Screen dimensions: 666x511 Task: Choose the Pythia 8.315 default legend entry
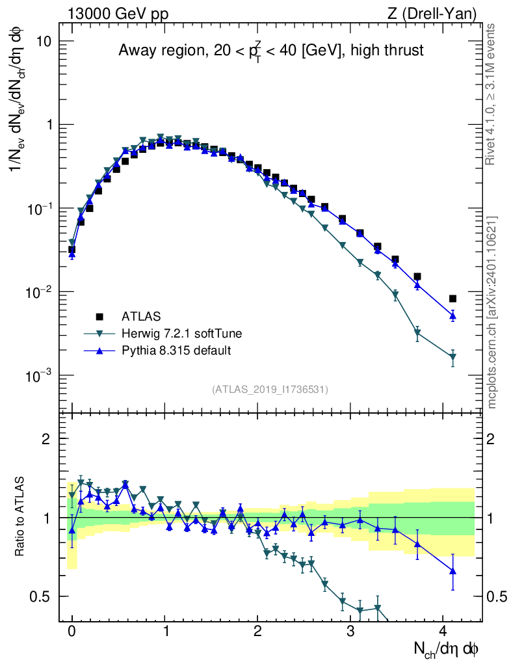176,351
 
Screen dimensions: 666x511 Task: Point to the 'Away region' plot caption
270,50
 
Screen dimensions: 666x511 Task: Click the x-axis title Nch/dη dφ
447,648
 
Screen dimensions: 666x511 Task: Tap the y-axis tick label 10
43,41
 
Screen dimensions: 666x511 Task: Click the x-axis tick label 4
443,632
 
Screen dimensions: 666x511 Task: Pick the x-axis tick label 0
72,632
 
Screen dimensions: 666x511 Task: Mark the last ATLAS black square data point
452,299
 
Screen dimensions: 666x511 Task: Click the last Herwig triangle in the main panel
452,357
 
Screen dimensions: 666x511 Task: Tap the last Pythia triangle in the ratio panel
452,571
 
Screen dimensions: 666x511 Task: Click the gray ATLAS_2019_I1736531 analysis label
270,390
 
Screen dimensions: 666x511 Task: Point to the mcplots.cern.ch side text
492,312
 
